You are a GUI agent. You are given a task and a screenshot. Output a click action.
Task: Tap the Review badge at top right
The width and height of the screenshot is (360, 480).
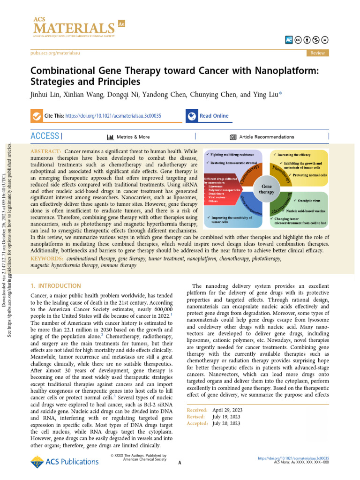point(317,53)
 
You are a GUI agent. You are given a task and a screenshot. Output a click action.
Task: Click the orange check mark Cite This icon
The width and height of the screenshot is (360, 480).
point(36,116)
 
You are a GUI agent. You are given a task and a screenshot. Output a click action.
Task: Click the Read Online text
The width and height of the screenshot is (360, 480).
point(214,116)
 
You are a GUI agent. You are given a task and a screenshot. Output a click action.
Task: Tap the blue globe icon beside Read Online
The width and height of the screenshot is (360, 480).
point(191,116)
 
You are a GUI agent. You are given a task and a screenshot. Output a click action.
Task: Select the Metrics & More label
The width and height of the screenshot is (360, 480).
point(133,137)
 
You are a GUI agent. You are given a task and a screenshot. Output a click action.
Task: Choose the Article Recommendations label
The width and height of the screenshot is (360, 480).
point(267,137)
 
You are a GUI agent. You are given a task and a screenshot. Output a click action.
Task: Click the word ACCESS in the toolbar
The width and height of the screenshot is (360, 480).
point(45,136)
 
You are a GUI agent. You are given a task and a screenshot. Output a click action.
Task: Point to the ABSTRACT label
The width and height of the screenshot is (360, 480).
point(45,152)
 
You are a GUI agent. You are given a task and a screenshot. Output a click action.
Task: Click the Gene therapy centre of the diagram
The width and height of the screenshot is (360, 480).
point(267,189)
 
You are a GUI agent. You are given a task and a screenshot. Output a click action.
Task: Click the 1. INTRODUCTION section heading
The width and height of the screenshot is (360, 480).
point(55,285)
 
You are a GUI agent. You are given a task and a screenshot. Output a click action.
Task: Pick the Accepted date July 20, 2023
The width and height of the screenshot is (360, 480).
point(226,423)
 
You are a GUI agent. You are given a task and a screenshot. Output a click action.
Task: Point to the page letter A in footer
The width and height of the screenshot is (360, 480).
point(180,463)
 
